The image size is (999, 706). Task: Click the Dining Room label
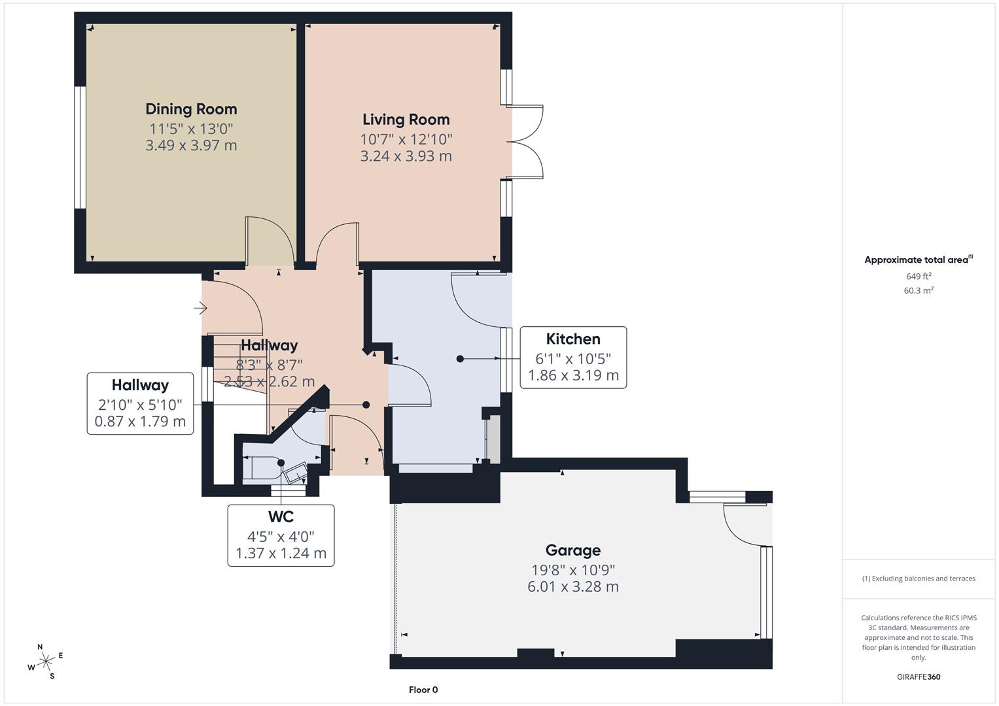(191, 109)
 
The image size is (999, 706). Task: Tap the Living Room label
(406, 120)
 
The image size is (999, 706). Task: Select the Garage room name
(573, 550)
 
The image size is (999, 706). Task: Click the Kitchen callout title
(573, 339)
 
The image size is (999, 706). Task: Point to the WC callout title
(281, 517)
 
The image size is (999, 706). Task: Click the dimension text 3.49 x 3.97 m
(191, 145)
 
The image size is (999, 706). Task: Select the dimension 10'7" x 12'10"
(406, 139)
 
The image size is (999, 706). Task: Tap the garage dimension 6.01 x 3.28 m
(573, 586)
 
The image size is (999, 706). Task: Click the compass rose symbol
(46, 662)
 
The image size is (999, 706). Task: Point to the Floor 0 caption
(423, 690)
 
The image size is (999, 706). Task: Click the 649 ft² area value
(919, 277)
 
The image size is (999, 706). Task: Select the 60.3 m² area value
(919, 291)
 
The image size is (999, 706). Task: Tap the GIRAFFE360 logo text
(919, 677)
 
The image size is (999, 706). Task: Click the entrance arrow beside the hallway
(201, 307)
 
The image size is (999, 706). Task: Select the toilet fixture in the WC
(260, 467)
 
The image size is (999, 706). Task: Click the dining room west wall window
(80, 147)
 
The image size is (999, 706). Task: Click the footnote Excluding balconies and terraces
(919, 579)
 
